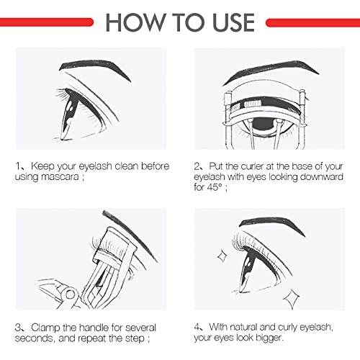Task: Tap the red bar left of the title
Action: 48,22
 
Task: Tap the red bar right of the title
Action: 312,22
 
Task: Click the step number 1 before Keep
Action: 18,166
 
